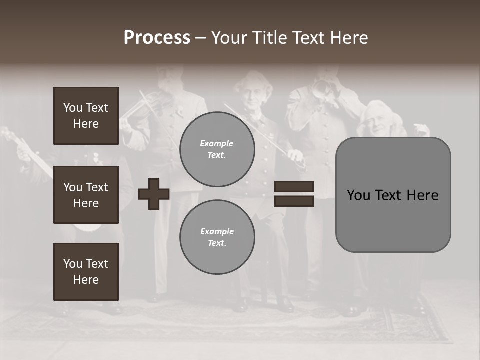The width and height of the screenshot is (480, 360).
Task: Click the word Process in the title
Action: pos(157,38)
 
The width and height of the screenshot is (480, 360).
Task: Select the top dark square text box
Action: pos(86,116)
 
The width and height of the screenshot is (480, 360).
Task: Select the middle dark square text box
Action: pos(86,195)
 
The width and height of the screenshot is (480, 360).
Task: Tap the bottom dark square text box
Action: pos(86,272)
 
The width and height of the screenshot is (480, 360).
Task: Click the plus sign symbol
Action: pos(154,194)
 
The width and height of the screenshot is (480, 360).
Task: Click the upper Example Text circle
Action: pos(217,149)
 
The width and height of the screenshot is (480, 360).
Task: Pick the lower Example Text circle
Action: pos(217,237)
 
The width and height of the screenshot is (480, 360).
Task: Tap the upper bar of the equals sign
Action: pos(294,187)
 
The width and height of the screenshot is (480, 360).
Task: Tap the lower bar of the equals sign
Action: pos(294,201)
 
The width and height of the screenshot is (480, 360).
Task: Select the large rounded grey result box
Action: pos(393,195)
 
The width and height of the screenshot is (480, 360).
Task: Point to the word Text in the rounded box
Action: pos(392,195)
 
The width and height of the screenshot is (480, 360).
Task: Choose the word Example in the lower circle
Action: pos(217,231)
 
